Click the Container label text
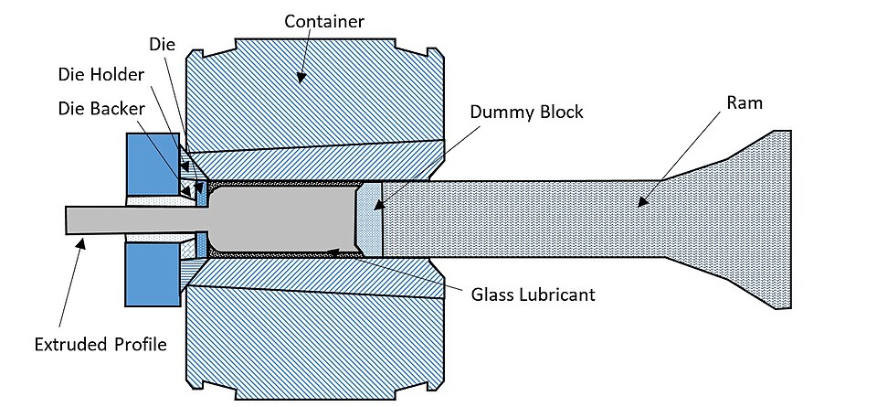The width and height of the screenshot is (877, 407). pyautogui.click(x=323, y=21)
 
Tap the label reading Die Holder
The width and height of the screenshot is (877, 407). pyautogui.click(x=101, y=74)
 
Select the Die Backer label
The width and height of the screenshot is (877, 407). pyautogui.click(x=101, y=109)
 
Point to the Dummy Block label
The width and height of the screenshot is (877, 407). pyautogui.click(x=526, y=112)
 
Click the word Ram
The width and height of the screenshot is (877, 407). pyautogui.click(x=744, y=103)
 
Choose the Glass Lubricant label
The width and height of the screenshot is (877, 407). pyautogui.click(x=533, y=295)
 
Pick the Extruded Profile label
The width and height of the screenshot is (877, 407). pyautogui.click(x=100, y=344)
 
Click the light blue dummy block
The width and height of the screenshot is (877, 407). pyautogui.click(x=370, y=219)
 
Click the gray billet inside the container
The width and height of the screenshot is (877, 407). pyautogui.click(x=283, y=219)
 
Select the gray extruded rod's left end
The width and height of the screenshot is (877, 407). pyautogui.click(x=66, y=220)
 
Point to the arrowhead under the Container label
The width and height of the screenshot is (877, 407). pyautogui.click(x=301, y=79)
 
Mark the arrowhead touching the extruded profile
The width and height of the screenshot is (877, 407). pyautogui.click(x=82, y=241)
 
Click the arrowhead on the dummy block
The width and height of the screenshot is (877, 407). pyautogui.click(x=377, y=204)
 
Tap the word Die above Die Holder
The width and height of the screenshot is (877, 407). pyautogui.click(x=163, y=45)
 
